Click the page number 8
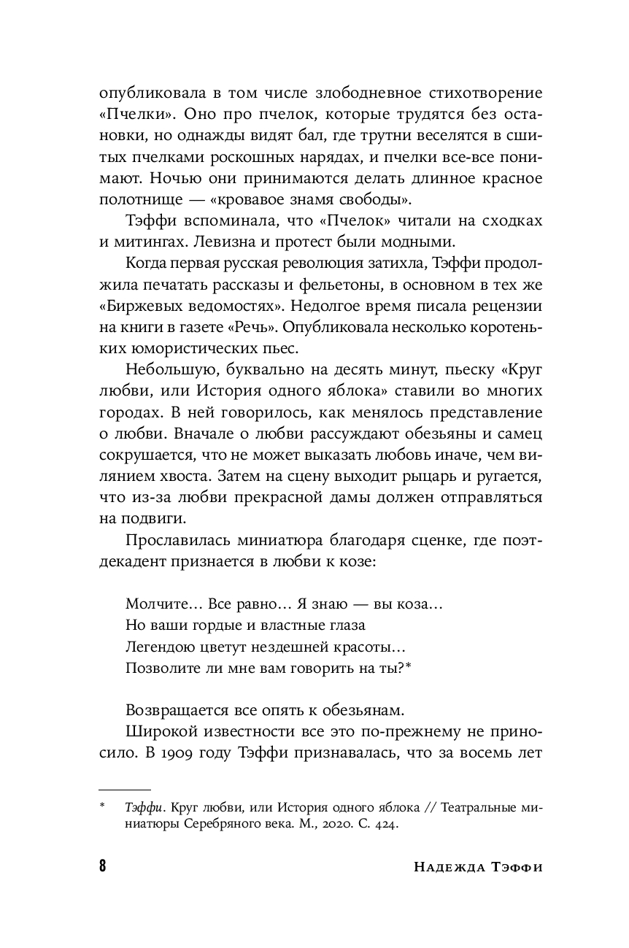coord(102,867)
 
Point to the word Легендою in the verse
coord(161,647)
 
